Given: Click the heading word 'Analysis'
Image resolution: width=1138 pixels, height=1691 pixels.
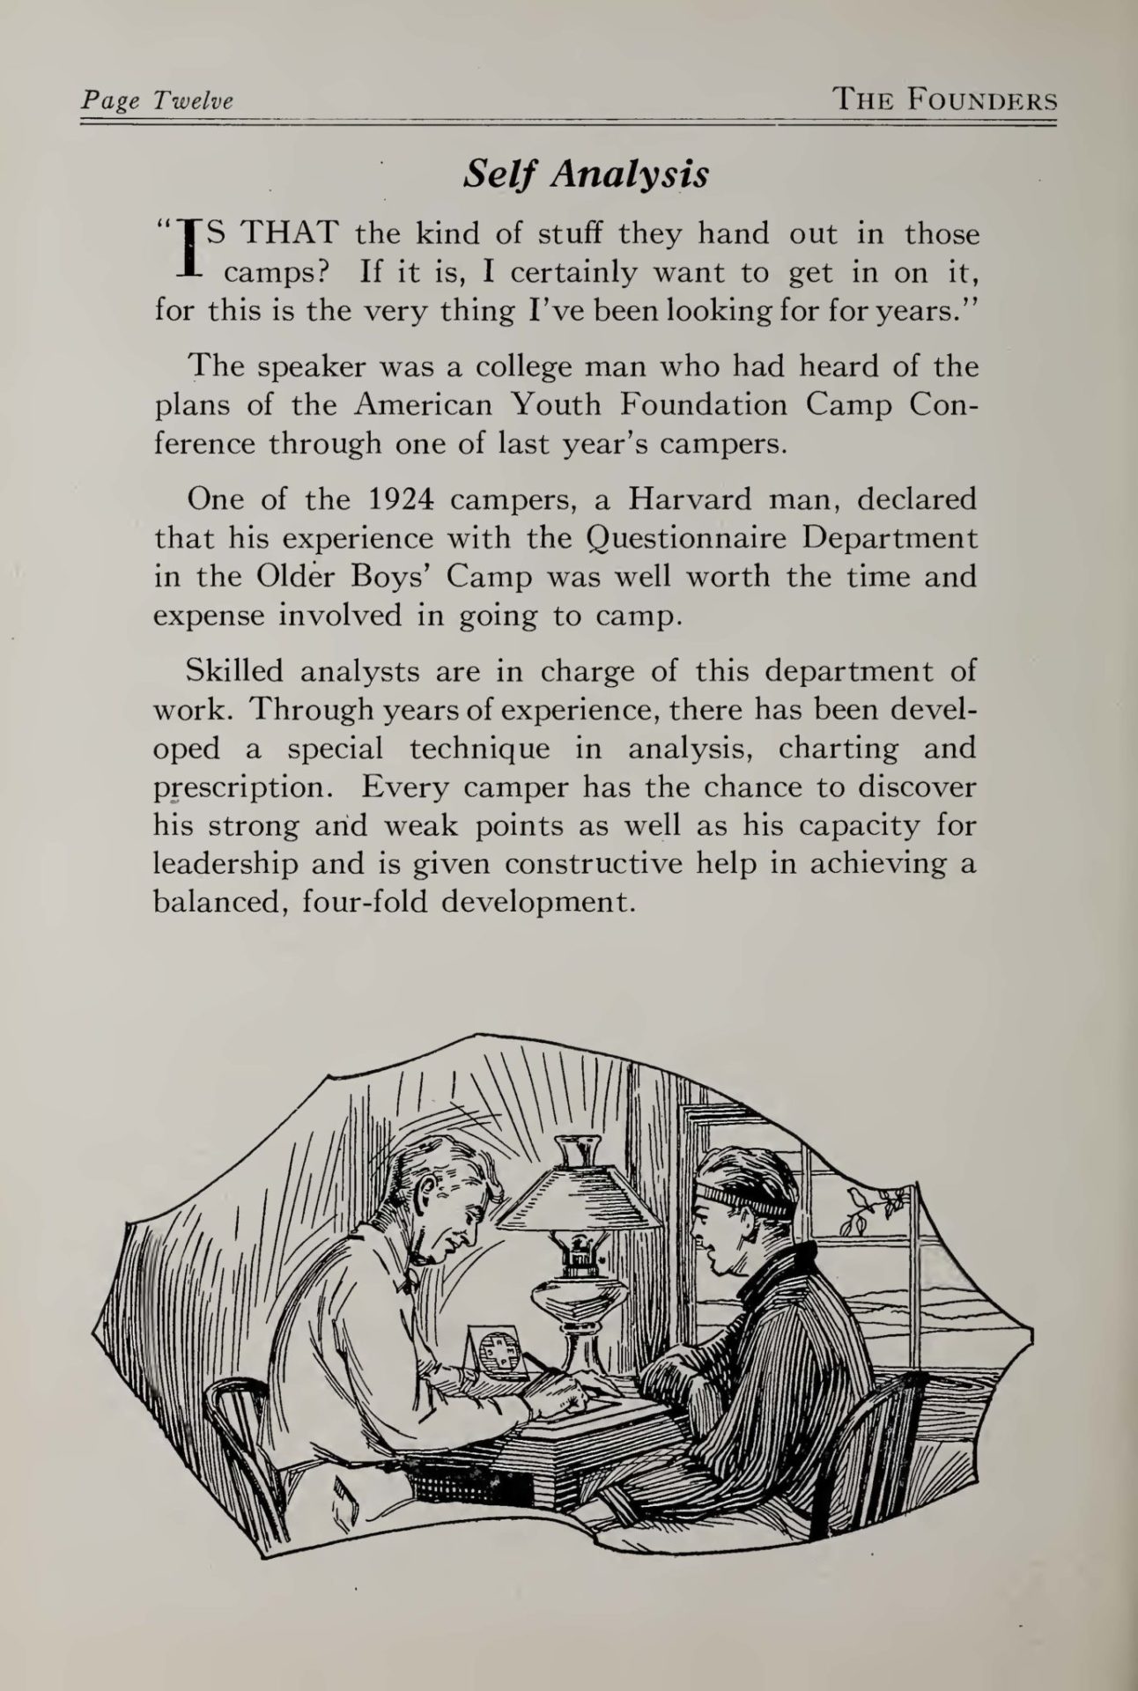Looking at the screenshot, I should (629, 175).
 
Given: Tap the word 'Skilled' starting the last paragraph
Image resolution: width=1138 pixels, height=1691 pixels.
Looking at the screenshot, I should (235, 671).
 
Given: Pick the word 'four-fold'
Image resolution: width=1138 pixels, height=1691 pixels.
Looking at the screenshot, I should (364, 904).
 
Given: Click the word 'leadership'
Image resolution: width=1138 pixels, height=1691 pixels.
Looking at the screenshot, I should (227, 864).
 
